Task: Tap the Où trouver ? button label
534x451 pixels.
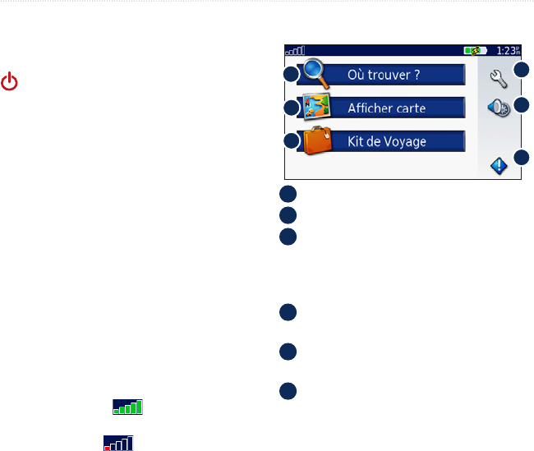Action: click(384, 76)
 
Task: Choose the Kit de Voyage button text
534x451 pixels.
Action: click(384, 141)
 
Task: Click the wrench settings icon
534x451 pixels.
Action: click(495, 79)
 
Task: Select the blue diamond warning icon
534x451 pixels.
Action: click(498, 165)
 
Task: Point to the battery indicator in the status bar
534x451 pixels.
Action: click(476, 50)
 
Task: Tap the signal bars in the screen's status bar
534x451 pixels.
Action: click(295, 50)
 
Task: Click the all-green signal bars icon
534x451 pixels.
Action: click(128, 406)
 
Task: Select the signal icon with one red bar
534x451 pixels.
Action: click(118, 444)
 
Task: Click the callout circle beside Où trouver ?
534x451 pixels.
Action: click(290, 75)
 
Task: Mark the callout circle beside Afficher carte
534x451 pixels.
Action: click(290, 108)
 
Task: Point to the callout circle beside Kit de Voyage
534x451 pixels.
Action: click(290, 141)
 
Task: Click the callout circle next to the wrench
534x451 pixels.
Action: click(522, 71)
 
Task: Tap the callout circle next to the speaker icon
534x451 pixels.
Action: click(522, 105)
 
